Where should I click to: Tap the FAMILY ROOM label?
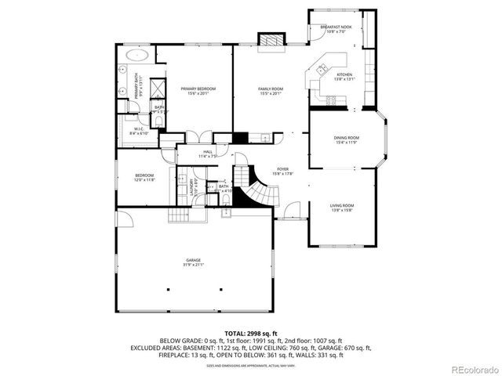[271, 89]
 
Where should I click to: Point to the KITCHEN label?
[345, 75]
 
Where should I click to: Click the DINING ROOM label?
[346, 138]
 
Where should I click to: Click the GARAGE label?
[193, 259]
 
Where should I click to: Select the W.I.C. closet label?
[138, 129]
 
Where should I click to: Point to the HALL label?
[208, 151]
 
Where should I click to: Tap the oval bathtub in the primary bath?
[137, 56]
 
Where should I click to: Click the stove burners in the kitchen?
[333, 100]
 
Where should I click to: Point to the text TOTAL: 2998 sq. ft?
[251, 334]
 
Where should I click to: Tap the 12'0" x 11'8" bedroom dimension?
[144, 179]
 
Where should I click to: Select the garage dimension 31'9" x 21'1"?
[193, 264]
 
